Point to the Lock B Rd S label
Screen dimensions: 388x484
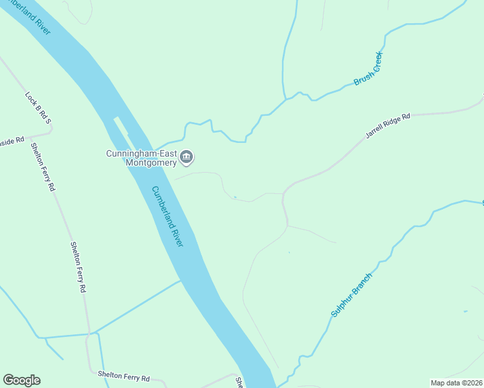point(38,108)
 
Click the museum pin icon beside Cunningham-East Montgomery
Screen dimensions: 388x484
point(187,156)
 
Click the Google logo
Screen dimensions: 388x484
point(21,380)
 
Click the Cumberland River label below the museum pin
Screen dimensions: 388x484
point(168,216)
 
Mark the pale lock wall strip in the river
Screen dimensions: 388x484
point(122,130)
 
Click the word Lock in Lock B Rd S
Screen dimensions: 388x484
point(30,98)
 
